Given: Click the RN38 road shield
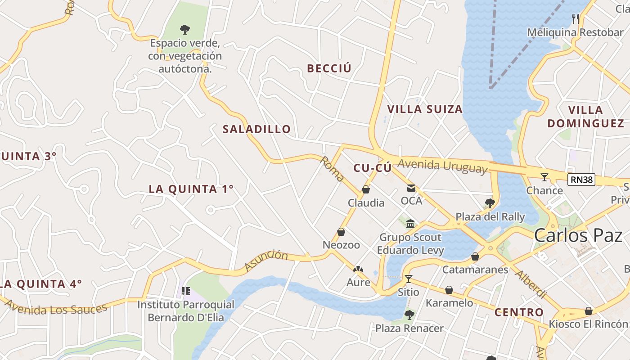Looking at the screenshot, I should (x=581, y=180).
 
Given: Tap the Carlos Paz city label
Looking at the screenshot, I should (x=578, y=235).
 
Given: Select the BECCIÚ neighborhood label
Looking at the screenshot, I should (x=329, y=68).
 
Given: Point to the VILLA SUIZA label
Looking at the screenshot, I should (x=425, y=109).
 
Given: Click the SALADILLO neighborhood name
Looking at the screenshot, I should (x=256, y=129).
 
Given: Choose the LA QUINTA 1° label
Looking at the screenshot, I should (x=191, y=189).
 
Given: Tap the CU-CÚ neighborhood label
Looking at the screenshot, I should (x=372, y=168).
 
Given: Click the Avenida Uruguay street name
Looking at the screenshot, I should (x=442, y=166).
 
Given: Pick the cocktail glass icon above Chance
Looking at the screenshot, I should (x=544, y=177).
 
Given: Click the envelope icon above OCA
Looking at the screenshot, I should (x=411, y=188).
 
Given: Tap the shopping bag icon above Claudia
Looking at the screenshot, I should (x=366, y=190).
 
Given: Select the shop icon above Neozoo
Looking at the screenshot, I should (x=341, y=232).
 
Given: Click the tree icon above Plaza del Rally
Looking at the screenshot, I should (x=490, y=203).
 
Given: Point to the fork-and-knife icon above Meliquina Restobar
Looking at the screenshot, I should (x=575, y=18).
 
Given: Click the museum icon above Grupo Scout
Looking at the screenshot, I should (x=410, y=224).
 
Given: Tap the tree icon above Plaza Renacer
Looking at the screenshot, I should (x=409, y=315).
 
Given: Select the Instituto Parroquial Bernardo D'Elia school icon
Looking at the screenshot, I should (x=186, y=291).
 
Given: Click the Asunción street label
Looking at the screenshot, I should (x=266, y=261).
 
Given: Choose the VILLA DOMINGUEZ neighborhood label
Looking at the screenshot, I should (x=585, y=117).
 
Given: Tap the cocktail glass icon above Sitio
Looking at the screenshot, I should (x=408, y=279).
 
